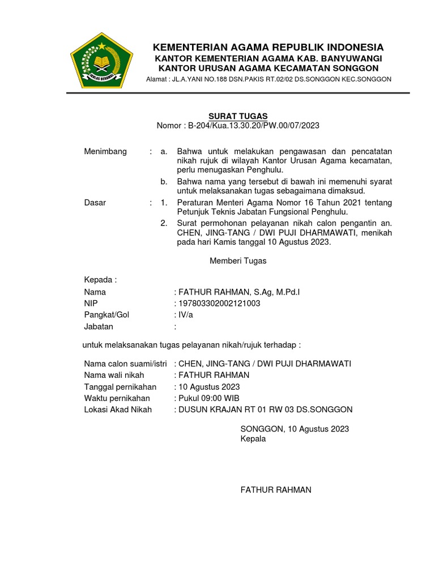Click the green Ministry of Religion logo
pos(101,61)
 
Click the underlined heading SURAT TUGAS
pos(238,116)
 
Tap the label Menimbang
pos(105,152)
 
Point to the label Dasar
pos(95,203)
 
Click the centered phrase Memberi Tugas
pos(238,261)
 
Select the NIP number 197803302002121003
pos(219,304)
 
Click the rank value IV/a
pos(185,315)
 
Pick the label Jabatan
pos(99,326)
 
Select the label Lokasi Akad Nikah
pos(118,410)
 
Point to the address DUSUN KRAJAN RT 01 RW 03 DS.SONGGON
pos(265,410)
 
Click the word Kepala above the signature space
pos(253,438)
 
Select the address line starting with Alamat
pos(268,79)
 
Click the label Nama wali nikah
pos(114,375)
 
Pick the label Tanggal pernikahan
pos(120,387)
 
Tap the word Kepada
pos(100,280)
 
